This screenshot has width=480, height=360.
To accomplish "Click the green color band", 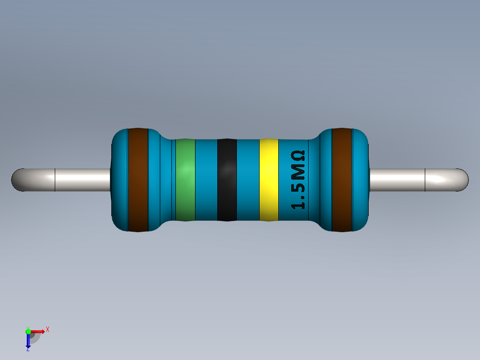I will pyautogui.click(x=185, y=180).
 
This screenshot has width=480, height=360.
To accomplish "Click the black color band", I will pyautogui.click(x=227, y=180).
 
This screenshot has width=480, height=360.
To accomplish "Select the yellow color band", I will pyautogui.click(x=268, y=180).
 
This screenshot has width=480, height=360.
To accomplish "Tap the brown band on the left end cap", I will pyautogui.click(x=138, y=180).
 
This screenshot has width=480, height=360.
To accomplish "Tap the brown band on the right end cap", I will pyautogui.click(x=342, y=180).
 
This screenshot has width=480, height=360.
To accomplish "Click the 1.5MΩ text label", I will pyautogui.click(x=298, y=180).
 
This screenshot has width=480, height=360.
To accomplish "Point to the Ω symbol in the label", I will pyautogui.click(x=298, y=156).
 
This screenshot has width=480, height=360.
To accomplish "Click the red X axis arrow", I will pyautogui.click(x=39, y=331).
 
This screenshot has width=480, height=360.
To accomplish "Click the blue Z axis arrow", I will pyautogui.click(x=28, y=341).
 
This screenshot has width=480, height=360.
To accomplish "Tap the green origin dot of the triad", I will pyautogui.click(x=28, y=331).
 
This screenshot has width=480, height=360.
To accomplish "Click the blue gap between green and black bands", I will pyautogui.click(x=206, y=180).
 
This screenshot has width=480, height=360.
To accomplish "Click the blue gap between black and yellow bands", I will pyautogui.click(x=248, y=180).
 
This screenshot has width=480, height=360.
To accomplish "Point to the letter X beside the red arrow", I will pyautogui.click(x=48, y=329).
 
